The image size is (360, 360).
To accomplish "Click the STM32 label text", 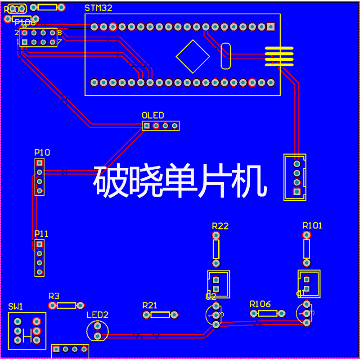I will click(99, 8).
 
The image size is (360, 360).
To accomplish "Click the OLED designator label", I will click(153, 115).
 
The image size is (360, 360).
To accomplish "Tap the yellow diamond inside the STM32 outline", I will click(193, 56).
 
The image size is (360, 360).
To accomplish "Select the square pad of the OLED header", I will click(147, 126).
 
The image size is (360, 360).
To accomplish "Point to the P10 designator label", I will click(42, 153).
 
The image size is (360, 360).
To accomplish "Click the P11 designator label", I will click(41, 234).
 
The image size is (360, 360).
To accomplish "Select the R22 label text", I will click(220, 226).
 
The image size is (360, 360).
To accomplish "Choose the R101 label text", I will click(312, 225).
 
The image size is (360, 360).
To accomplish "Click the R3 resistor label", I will click(54, 296).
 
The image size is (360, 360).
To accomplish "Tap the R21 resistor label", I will click(150, 306).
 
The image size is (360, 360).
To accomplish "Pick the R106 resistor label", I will click(261, 304).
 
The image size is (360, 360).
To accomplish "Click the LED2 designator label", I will click(98, 315).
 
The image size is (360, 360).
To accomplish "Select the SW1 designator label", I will click(16, 306).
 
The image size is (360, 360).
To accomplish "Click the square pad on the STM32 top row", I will click(270, 27).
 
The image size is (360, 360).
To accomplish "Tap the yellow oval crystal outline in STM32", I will click(226, 56).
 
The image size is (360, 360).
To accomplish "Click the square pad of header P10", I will click(40, 162).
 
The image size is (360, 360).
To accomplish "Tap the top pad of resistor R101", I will click(306, 235).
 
